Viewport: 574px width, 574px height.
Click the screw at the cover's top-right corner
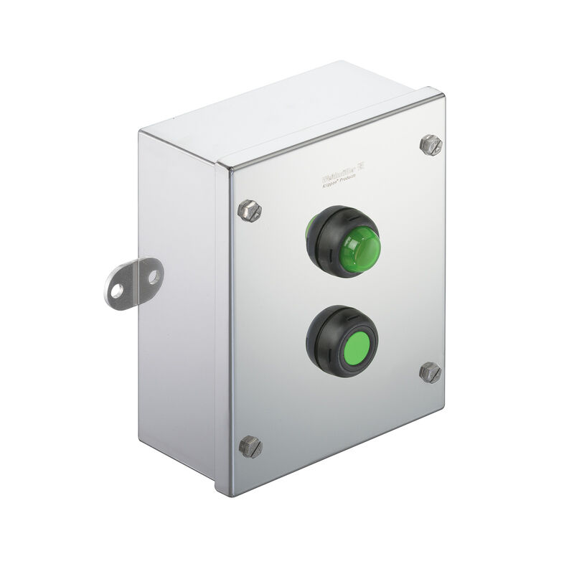point(430,144)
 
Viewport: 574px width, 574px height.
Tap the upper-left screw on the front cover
point(249,210)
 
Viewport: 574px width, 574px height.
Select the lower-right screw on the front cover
point(430,372)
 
